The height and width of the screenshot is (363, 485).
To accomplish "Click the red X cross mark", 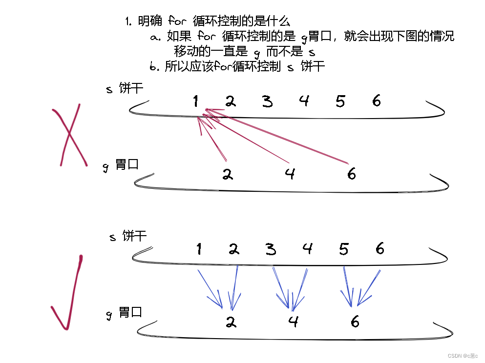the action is click(x=70, y=136).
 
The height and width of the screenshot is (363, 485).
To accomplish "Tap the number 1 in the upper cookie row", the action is click(x=195, y=101).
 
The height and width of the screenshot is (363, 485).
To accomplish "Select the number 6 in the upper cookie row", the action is click(x=376, y=101).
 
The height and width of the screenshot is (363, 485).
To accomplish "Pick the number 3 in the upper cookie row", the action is click(x=267, y=101).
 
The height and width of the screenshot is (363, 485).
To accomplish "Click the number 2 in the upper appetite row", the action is click(x=227, y=174).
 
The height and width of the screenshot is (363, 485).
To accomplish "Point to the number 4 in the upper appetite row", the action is click(x=290, y=173).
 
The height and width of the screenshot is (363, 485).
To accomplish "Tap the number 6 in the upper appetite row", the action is click(x=351, y=173).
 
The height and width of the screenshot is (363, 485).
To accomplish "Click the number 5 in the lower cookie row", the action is click(x=344, y=249).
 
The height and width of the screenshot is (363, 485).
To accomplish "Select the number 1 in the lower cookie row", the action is click(x=199, y=249).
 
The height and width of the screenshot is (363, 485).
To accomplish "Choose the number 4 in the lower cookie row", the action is click(x=307, y=249).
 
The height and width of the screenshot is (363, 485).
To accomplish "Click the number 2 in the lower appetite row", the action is click(x=231, y=322).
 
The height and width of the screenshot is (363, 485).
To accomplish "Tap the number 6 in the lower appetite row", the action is click(x=355, y=322).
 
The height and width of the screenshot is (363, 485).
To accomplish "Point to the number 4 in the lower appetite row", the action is click(x=293, y=322).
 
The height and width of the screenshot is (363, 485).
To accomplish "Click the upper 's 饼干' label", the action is click(x=125, y=89).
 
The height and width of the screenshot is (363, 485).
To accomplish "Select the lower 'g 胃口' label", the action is click(x=124, y=313).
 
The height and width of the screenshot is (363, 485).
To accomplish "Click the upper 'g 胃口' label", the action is click(x=121, y=165).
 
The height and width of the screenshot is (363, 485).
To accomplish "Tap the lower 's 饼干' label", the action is click(x=128, y=237).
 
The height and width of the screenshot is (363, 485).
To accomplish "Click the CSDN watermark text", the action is click(x=464, y=356).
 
